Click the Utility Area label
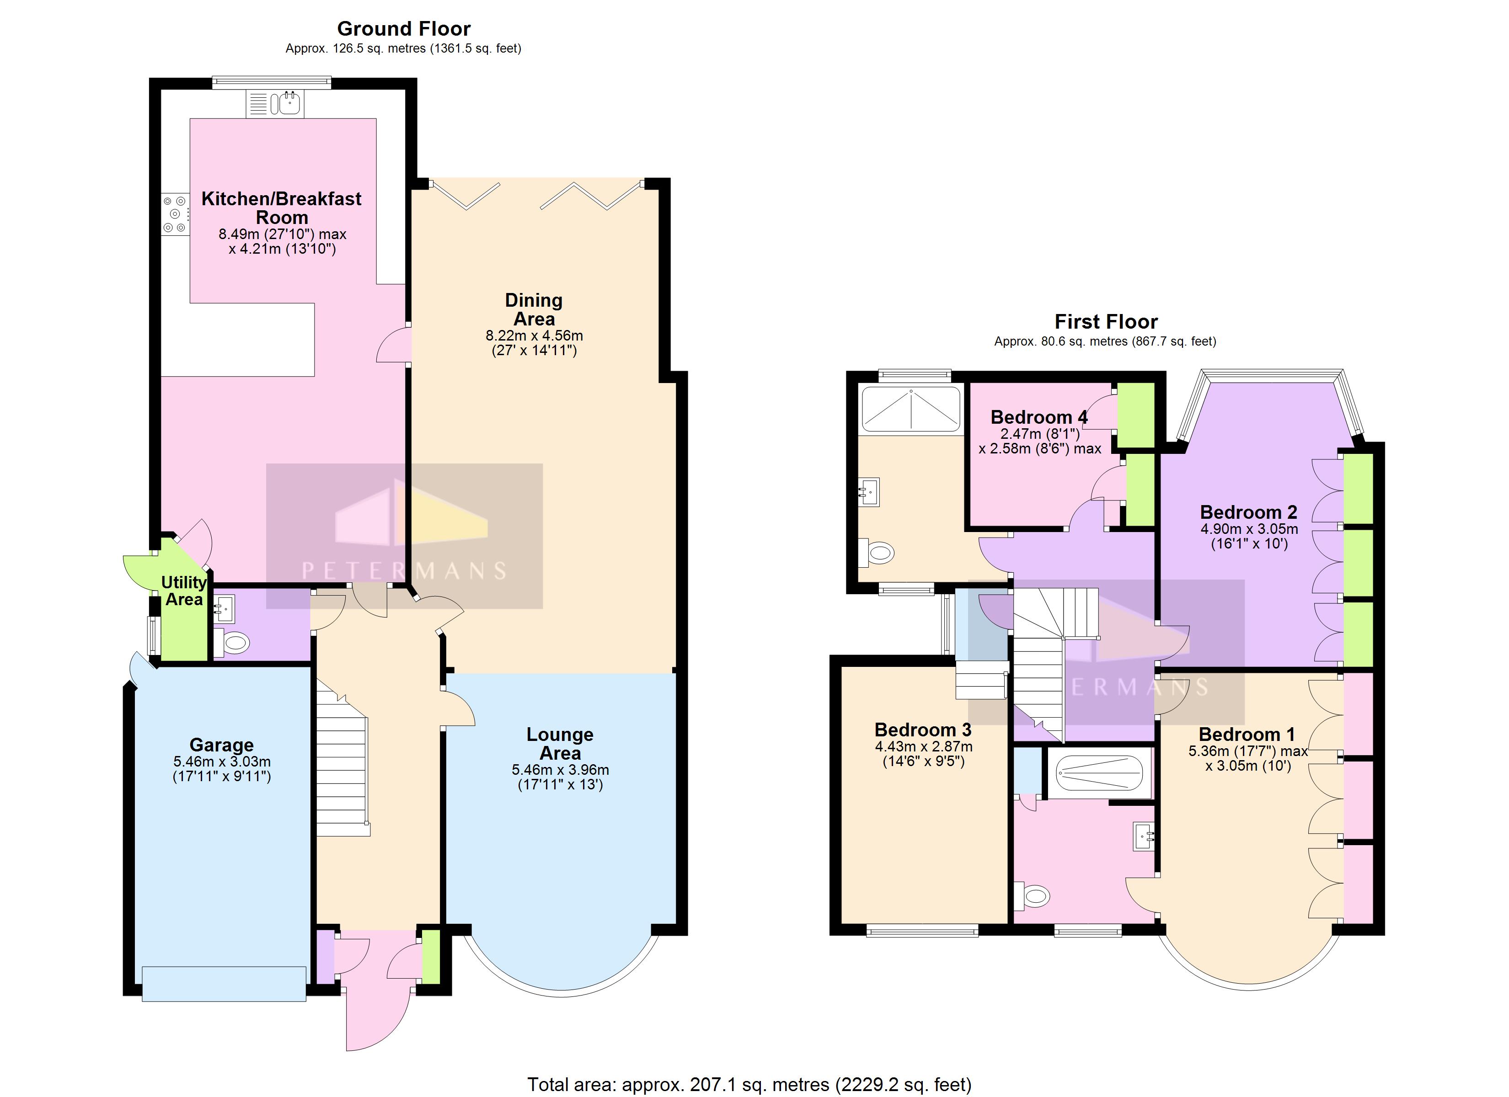184,591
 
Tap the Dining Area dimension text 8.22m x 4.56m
534,336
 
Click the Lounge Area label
560,744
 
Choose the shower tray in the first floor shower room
911,409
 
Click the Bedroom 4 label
1038,417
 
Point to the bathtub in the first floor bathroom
1098,773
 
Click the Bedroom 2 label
1248,512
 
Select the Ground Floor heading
403,29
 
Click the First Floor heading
1106,322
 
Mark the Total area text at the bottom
749,1085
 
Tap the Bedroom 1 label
1246,735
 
